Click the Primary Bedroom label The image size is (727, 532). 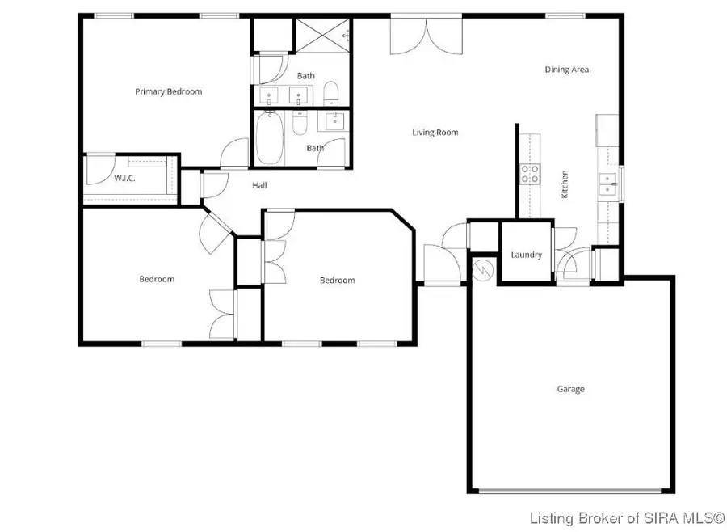click(x=168, y=92)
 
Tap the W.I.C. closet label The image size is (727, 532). click(x=124, y=178)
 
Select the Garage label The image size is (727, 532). click(x=570, y=389)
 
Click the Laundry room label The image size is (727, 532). click(x=526, y=255)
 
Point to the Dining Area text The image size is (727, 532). click(x=566, y=70)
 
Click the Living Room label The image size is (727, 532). click(x=435, y=133)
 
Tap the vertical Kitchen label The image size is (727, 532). click(x=565, y=184)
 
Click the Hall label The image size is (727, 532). click(x=259, y=185)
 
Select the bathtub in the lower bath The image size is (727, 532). click(x=268, y=137)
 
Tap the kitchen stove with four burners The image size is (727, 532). click(x=529, y=173)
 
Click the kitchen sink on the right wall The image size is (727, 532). click(x=607, y=184)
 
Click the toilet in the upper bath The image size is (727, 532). click(x=330, y=93)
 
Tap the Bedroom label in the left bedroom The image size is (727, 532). click(x=157, y=280)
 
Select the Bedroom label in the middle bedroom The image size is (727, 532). click(x=337, y=281)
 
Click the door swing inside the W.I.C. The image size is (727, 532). click(x=98, y=170)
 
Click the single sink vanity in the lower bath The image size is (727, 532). click(x=334, y=122)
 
